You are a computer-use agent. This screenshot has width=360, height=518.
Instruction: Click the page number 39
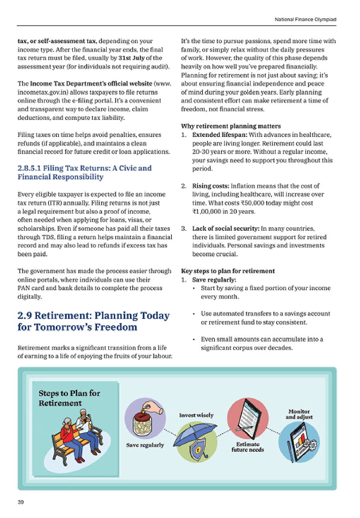[x=21, y=502]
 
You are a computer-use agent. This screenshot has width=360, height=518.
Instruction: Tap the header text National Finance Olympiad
[x=305, y=19]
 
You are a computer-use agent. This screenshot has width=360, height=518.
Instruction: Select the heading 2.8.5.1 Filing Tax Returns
[x=84, y=173]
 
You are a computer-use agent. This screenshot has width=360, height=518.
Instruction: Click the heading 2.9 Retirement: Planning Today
[x=93, y=321]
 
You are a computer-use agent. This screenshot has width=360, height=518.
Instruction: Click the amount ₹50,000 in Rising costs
[x=256, y=203]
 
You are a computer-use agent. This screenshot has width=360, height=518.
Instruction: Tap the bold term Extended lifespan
[x=220, y=135]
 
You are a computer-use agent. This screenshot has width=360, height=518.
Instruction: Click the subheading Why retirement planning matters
[x=231, y=126]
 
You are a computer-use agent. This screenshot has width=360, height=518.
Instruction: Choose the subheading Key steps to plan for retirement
[x=228, y=271]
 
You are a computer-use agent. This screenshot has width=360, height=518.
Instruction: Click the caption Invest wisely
[x=196, y=415]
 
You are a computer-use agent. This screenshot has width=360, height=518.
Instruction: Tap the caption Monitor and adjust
[x=299, y=414]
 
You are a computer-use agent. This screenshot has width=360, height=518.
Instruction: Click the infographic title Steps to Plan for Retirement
[x=69, y=398]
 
